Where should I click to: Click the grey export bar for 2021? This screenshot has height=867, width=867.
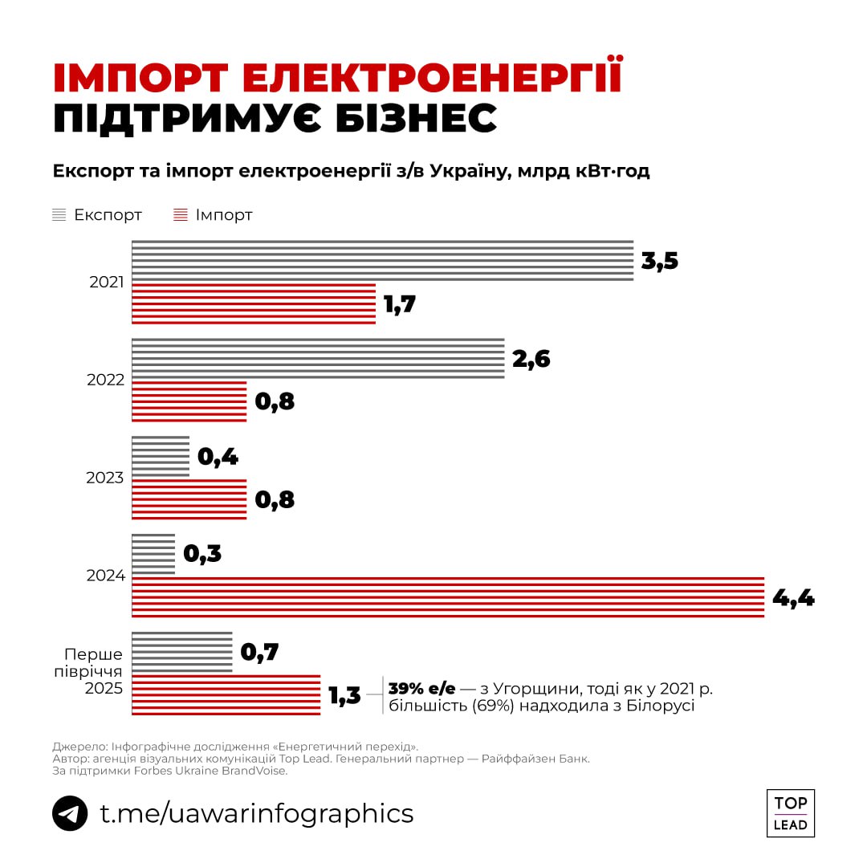382,261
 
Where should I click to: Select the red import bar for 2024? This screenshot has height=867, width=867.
447,597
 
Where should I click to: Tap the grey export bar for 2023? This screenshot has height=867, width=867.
161,457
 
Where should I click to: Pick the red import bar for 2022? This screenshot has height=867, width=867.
189,401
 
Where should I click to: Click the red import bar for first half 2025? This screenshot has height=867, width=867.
226,695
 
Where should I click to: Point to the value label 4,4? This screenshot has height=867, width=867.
793,598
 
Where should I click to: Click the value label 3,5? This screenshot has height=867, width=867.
660,262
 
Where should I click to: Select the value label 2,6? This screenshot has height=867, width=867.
531,359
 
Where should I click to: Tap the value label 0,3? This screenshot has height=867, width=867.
202,554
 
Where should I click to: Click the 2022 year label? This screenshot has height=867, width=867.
105,380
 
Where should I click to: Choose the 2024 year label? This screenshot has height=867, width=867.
105,576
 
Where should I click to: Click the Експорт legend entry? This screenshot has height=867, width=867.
97,215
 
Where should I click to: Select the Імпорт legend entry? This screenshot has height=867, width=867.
214,215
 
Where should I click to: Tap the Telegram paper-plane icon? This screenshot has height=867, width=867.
70,813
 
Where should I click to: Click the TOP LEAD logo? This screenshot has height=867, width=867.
791,813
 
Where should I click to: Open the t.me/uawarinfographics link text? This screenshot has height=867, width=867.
256,813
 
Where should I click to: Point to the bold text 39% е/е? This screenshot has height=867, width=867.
421,688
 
